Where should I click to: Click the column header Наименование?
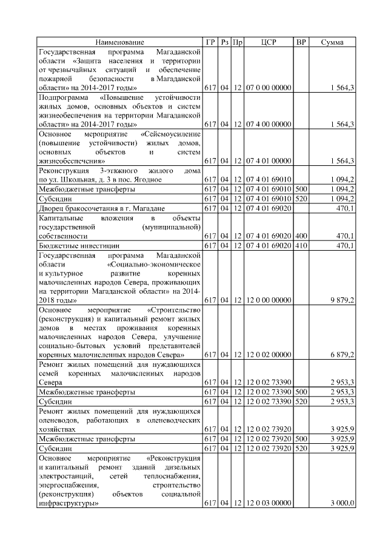coord(119,42)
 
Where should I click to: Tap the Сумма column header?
coord(332,42)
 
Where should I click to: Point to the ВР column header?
coord(301,42)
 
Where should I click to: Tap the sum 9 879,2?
coord(343,300)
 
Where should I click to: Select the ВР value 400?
coord(301,236)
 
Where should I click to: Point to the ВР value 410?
coord(301,245)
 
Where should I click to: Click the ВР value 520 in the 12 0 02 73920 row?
coord(301,449)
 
